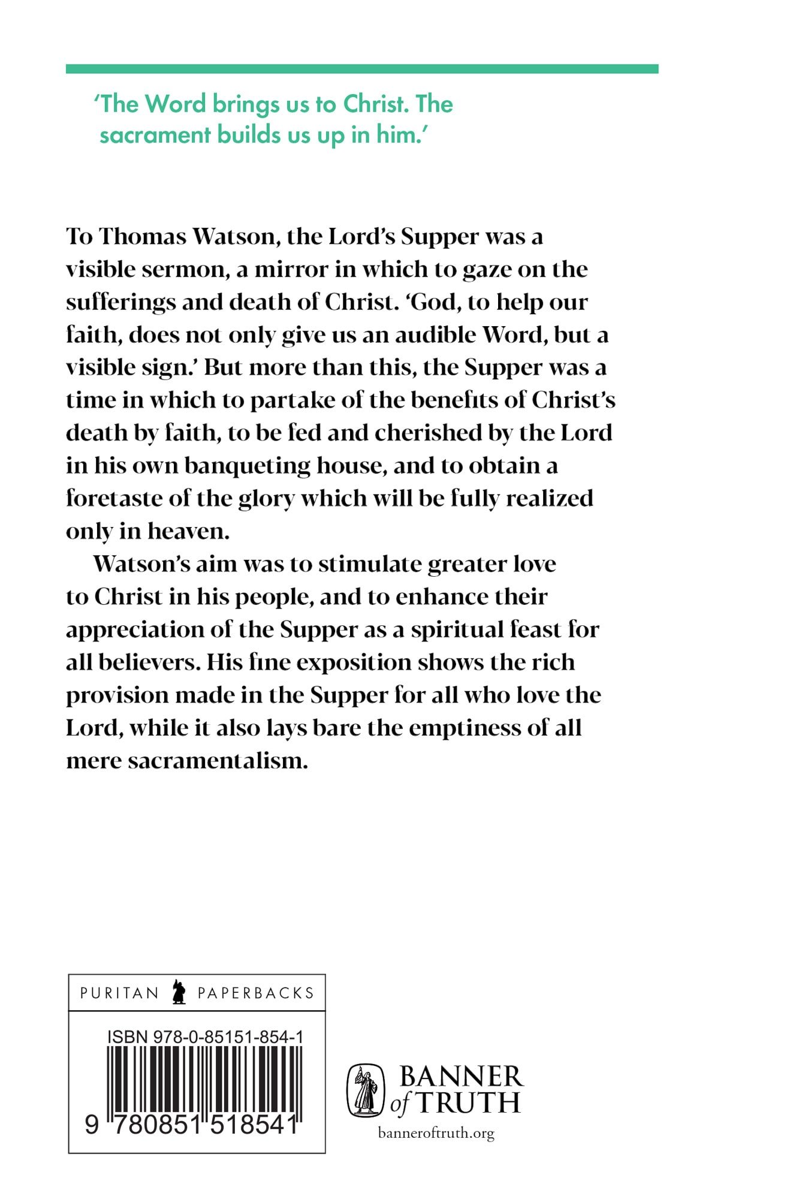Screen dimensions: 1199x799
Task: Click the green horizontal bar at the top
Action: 362,69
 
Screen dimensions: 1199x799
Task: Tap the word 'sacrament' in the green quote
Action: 155,134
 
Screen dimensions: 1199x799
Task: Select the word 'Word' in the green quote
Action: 171,104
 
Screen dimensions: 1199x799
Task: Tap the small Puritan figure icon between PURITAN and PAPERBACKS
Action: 177,993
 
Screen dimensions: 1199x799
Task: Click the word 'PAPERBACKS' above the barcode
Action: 256,993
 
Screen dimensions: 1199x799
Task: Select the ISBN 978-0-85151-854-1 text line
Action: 206,1037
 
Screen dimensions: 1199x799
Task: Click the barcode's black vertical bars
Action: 204,1079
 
